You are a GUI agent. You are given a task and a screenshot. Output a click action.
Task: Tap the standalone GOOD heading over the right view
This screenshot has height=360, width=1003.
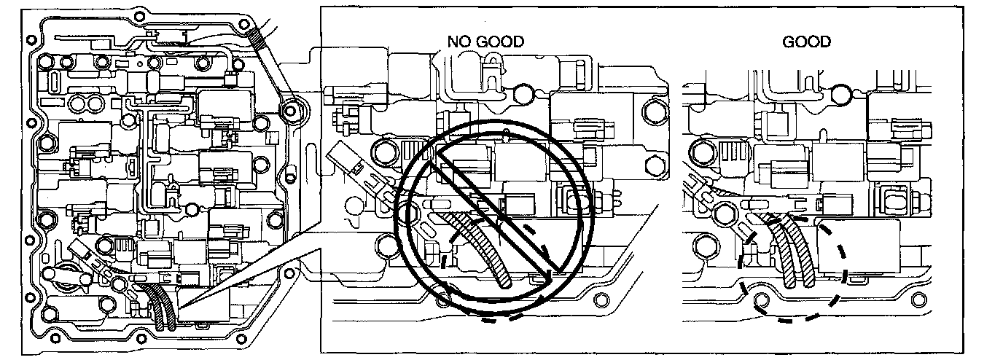click(x=806, y=42)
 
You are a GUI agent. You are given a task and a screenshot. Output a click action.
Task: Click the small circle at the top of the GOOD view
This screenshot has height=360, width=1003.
click(x=840, y=93)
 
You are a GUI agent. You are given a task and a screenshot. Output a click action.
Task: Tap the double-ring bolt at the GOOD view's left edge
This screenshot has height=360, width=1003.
click(x=703, y=152)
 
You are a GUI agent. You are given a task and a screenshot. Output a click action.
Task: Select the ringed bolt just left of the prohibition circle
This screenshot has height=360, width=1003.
click(x=383, y=152)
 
